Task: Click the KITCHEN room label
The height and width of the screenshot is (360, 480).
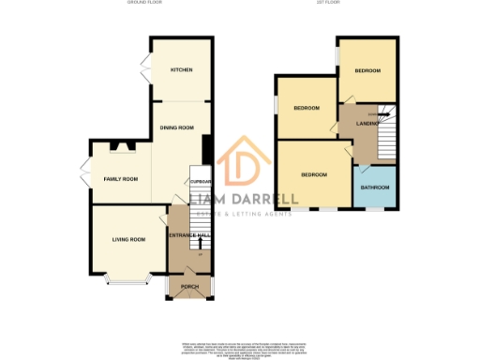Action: pyautogui.click(x=181, y=71)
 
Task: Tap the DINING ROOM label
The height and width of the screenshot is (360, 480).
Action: pyautogui.click(x=178, y=127)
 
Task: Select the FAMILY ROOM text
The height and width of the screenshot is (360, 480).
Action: pyautogui.click(x=121, y=178)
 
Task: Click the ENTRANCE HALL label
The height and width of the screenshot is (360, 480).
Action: pyautogui.click(x=190, y=235)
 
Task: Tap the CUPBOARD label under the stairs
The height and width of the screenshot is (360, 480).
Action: pyautogui.click(x=202, y=182)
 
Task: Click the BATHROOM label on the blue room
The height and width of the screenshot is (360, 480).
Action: pyautogui.click(x=375, y=187)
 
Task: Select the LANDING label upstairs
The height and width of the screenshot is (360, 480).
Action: pyautogui.click(x=367, y=123)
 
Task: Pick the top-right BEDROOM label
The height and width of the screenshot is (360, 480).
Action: pyautogui.click(x=368, y=71)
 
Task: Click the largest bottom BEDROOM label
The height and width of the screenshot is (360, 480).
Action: pyautogui.click(x=314, y=175)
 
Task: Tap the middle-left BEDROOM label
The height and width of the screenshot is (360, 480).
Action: pyautogui.click(x=307, y=108)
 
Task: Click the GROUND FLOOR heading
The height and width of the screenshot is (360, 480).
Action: pyautogui.click(x=145, y=4)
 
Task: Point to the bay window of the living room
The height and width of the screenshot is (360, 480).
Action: pyautogui.click(x=127, y=278)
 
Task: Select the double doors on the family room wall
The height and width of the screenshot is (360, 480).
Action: pyautogui.click(x=85, y=178)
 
